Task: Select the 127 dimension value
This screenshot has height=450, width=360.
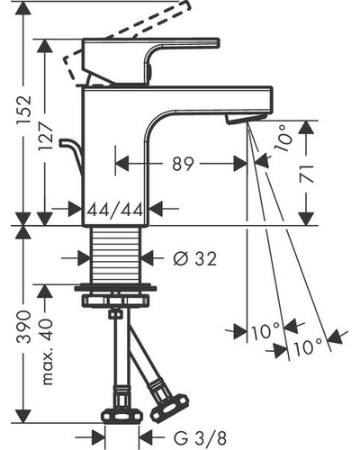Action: [x=46, y=137]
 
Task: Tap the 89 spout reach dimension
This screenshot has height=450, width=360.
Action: [x=183, y=164]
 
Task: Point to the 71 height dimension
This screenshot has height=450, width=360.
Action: [x=306, y=173]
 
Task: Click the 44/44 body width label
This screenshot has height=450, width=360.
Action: [x=115, y=210]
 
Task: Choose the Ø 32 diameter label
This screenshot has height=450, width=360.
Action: [x=195, y=258]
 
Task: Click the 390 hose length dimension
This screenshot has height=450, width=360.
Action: [x=24, y=327]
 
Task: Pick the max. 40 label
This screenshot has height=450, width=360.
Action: [x=47, y=352]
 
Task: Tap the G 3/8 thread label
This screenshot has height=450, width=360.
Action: [x=200, y=438]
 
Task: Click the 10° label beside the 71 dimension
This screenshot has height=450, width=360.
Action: [x=283, y=139]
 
